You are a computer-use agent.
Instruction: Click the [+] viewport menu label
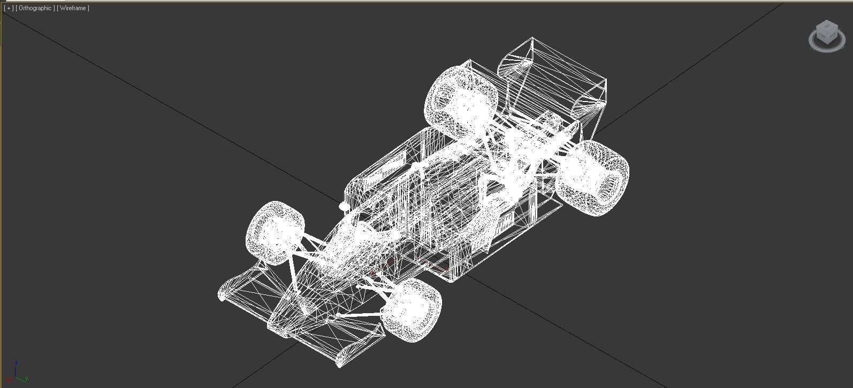tap(9, 8)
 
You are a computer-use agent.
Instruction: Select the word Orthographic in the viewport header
tap(35, 8)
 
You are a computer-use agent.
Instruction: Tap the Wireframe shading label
tap(73, 8)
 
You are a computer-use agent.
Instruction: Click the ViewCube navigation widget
tap(827, 35)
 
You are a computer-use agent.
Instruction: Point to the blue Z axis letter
tap(17, 362)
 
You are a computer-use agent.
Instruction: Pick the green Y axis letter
tap(26, 379)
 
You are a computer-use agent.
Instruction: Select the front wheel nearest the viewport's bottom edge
tap(412, 309)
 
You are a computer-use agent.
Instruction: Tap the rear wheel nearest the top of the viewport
tap(460, 101)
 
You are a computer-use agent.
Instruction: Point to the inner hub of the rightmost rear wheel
tap(607, 185)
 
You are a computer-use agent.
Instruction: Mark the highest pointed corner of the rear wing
tap(532, 38)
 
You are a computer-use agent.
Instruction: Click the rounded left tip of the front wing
tap(221, 294)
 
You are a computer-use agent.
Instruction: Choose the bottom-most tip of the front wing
tap(339, 366)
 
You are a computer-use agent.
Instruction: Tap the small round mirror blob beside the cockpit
tap(344, 206)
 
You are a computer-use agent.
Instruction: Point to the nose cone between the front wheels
tap(310, 289)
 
